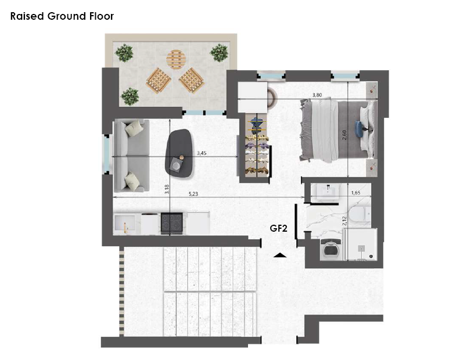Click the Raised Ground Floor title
tap(62, 16)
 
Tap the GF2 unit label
tap(278, 228)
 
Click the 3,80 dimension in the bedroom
tap(317, 95)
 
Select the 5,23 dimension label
tap(193, 194)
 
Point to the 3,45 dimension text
tap(202, 153)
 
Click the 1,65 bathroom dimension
tap(355, 193)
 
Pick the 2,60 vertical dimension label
tap(344, 135)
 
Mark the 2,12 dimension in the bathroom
tap(344, 221)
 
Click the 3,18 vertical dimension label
tap(167, 189)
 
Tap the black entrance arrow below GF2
tap(280, 255)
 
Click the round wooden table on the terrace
tap(176, 59)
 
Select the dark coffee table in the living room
tap(179, 153)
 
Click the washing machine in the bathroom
tap(331, 250)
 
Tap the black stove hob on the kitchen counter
tap(172, 222)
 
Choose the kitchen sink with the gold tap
tap(124, 224)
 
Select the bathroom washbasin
tap(328, 191)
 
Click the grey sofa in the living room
tap(131, 156)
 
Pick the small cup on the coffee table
tap(181, 157)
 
